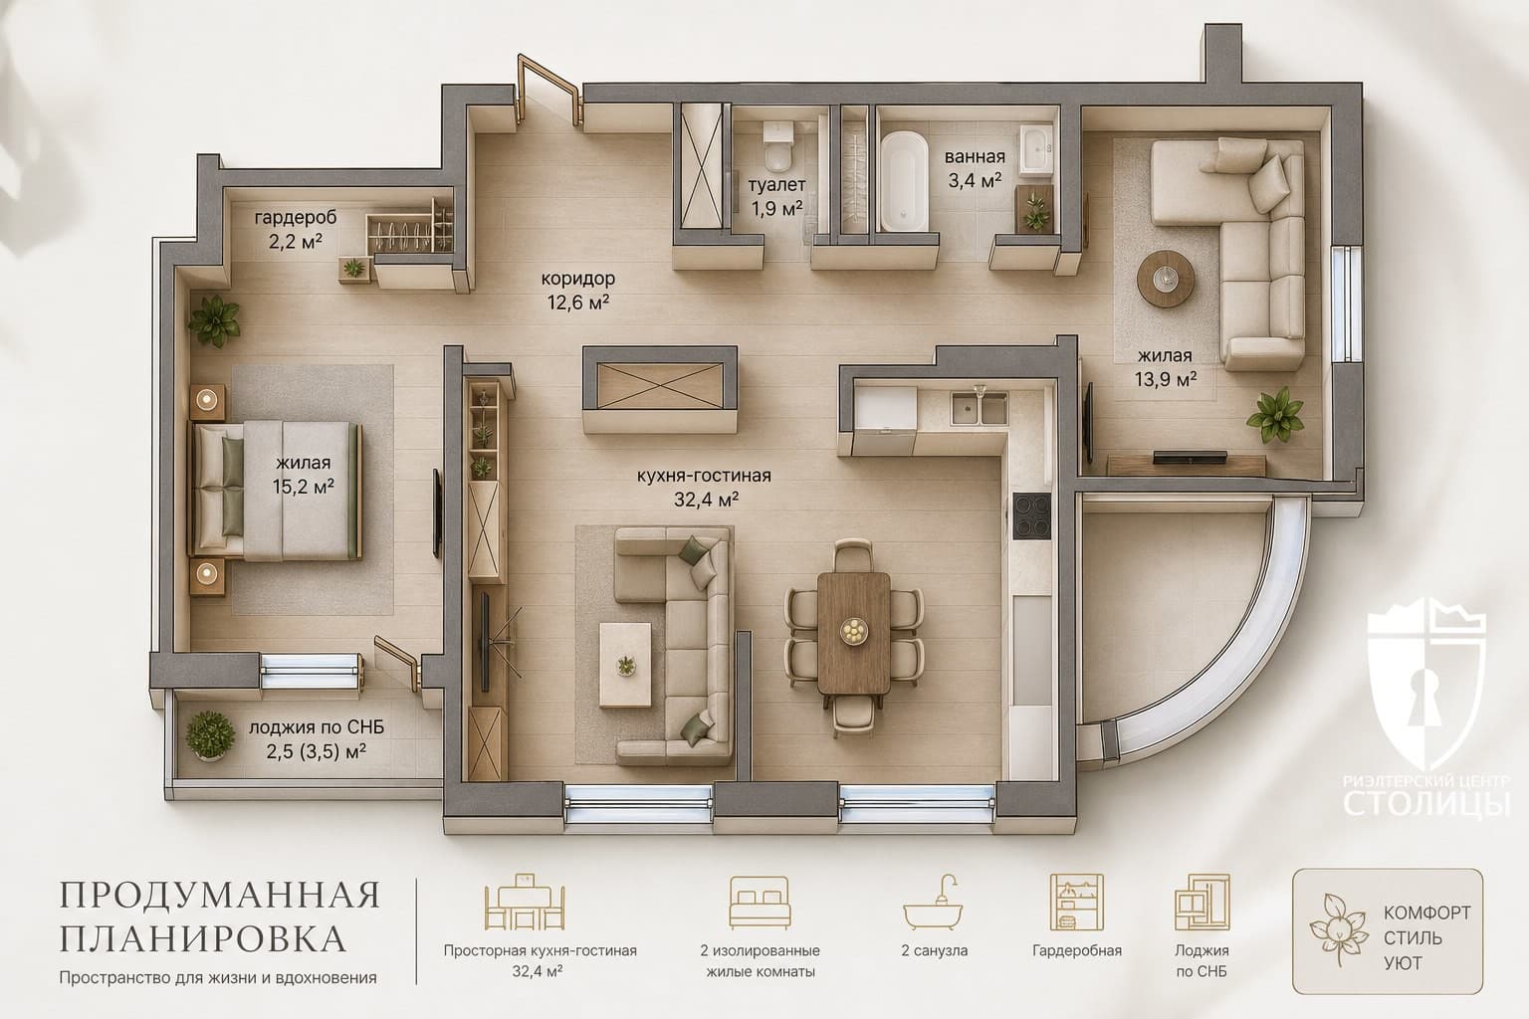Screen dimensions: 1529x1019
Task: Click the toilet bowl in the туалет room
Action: pos(778,146)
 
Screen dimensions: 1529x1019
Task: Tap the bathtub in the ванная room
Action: pos(904,181)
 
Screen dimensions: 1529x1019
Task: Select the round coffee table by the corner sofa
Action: pos(1166,279)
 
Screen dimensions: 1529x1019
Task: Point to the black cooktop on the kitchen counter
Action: pos(1031,516)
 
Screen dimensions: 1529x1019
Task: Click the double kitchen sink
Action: pos(979,408)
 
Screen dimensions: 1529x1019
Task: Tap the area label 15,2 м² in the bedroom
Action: pos(303,487)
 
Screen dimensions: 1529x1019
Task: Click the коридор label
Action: pos(577,279)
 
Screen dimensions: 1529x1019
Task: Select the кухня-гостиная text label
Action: pos(704,476)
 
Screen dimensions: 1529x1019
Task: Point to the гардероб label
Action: pos(296,218)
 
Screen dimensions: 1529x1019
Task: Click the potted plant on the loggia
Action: pos(210,735)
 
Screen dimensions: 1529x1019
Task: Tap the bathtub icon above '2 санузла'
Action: pos(933,903)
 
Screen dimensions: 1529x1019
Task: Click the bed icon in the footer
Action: pos(760,903)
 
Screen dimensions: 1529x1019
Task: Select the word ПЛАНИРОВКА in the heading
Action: pos(203,938)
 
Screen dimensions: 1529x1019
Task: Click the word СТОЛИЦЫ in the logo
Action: pos(1426,803)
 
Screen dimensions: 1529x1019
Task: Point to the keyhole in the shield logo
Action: pos(1425,698)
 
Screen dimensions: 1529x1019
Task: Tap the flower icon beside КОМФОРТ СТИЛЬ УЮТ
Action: pos(1339,929)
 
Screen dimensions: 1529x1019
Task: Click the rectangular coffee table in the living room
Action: pos(625,665)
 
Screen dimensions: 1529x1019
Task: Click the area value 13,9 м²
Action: pos(1166,379)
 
